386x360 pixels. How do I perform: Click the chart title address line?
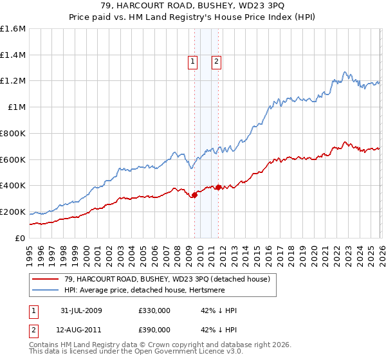(x=193, y=6)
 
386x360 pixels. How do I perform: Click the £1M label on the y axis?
(x=17, y=107)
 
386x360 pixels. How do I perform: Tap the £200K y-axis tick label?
(x=13, y=212)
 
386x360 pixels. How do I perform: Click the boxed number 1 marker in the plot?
(x=192, y=62)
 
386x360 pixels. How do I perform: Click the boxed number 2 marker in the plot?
(x=216, y=62)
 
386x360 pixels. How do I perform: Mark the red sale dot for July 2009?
(x=194, y=195)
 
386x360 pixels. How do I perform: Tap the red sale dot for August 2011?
(x=218, y=187)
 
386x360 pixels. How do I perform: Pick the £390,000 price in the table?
(x=154, y=330)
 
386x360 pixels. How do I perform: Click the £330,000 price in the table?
(x=154, y=310)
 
